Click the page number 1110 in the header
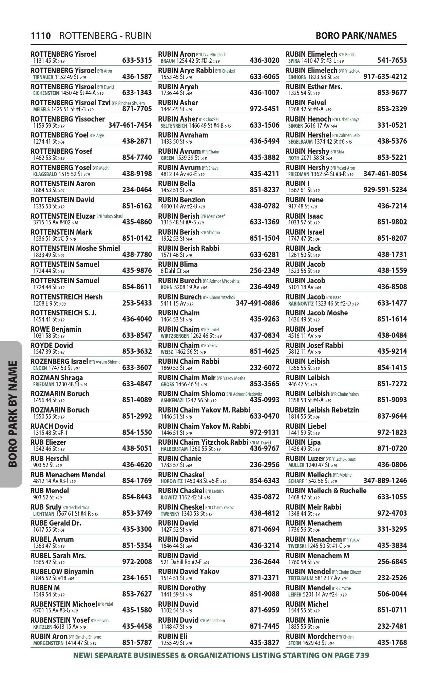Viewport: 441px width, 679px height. pos(41,36)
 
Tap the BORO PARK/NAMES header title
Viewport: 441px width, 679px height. pos(356,36)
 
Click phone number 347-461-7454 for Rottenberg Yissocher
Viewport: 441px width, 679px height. pos(130,125)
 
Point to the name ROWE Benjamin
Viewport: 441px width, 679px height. pos(56,329)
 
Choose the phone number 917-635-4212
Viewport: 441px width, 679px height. pos(385,77)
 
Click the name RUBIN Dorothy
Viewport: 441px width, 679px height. pos(182,588)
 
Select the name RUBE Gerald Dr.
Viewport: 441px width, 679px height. pos(56,523)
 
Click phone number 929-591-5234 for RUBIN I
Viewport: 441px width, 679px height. pos(385,190)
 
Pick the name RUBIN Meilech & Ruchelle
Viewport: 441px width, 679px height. pos(326,491)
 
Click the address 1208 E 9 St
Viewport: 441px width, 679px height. pos(45,304)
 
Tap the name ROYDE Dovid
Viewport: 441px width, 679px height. pos(52,346)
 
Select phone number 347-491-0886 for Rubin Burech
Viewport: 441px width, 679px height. pos(257,303)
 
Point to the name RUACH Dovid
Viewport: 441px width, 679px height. pos(52,426)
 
